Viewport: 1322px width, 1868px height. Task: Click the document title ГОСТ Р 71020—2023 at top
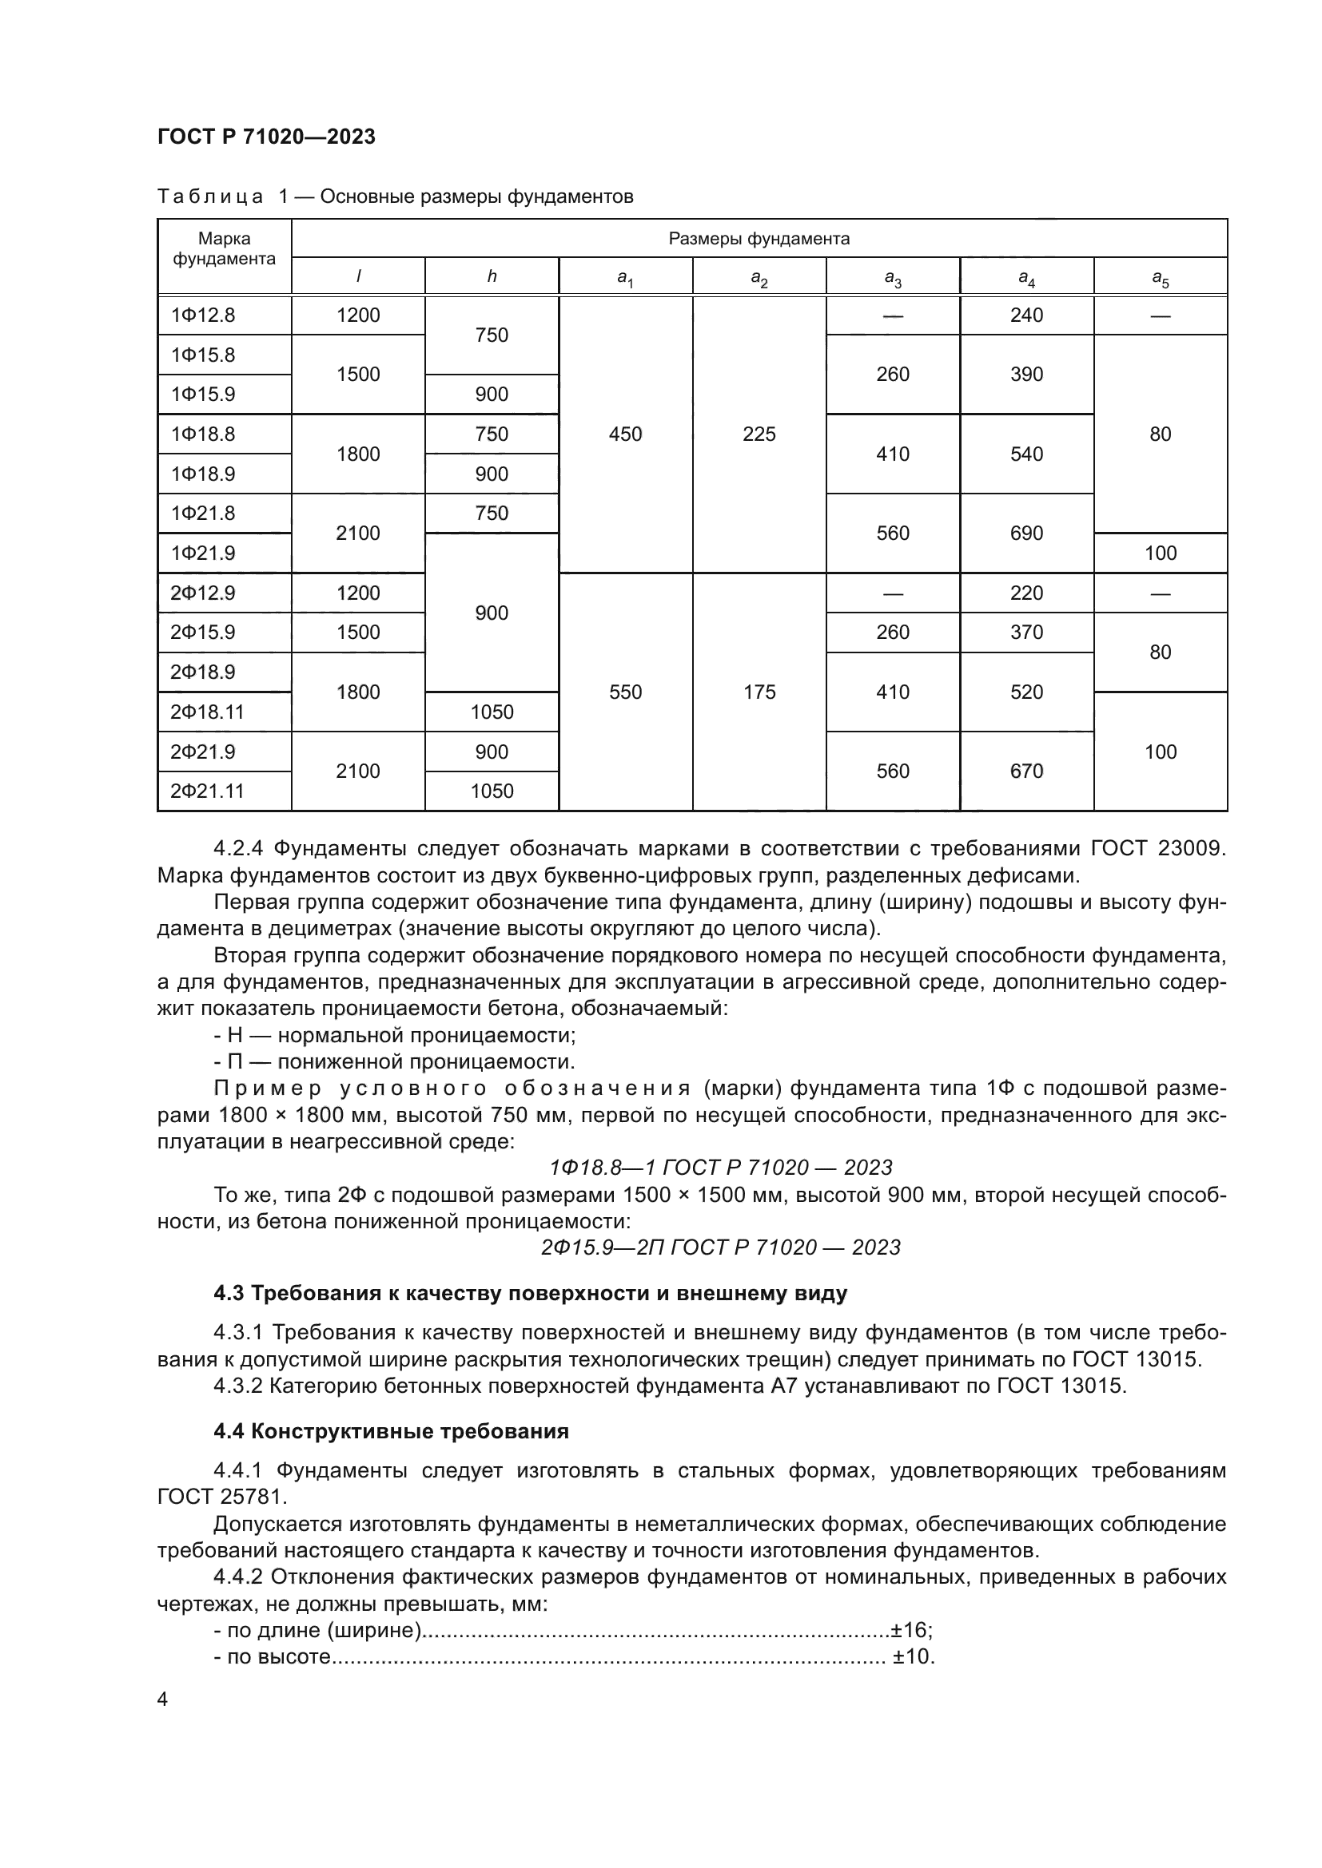[x=266, y=137]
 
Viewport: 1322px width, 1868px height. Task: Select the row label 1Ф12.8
[x=203, y=315]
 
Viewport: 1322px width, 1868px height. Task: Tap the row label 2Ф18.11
[x=207, y=712]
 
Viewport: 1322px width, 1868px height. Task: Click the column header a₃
[x=892, y=278]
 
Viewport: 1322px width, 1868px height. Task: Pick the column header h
[x=491, y=276]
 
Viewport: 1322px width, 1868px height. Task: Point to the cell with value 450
[x=625, y=434]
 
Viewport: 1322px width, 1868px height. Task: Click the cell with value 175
[x=759, y=692]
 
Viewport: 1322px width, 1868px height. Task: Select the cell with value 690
[x=1025, y=533]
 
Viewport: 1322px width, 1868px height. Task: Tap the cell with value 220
[x=1025, y=593]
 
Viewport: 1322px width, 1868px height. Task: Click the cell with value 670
[x=1025, y=771]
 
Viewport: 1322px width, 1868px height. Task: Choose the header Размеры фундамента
[x=759, y=238]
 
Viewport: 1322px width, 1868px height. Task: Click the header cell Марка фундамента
[x=224, y=248]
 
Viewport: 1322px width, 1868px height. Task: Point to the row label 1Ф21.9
[x=203, y=553]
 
